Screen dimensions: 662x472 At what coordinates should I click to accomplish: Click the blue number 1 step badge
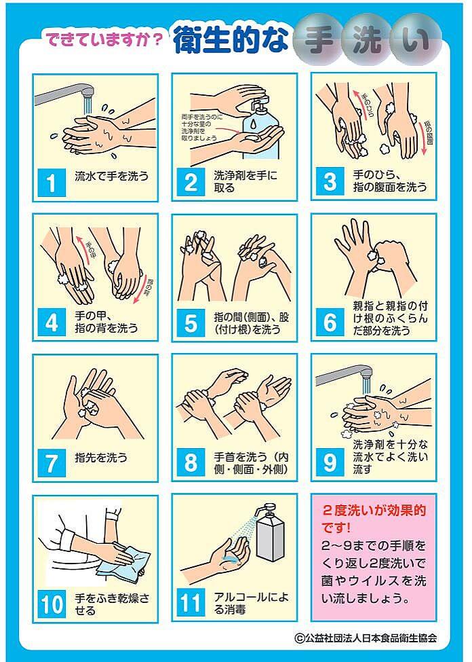tap(52, 181)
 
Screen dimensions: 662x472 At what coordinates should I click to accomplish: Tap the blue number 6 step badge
tap(330, 322)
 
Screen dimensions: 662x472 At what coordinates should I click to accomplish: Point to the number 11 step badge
tap(191, 603)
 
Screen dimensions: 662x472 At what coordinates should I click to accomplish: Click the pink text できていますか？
tap(104, 40)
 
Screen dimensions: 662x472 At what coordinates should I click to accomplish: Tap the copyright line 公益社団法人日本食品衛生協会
tap(366, 638)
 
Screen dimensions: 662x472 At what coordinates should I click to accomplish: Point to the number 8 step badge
tap(191, 462)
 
